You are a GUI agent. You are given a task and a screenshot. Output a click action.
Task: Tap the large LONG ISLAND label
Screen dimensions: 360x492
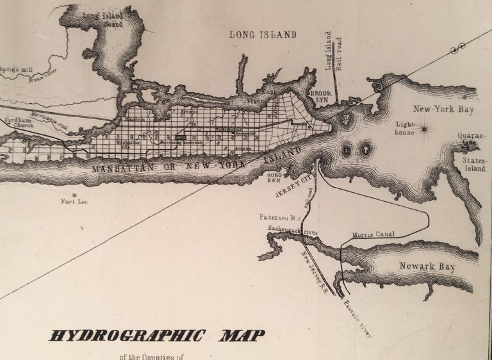(x=263, y=35)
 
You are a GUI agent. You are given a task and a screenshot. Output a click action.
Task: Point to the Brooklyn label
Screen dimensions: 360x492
(x=321, y=97)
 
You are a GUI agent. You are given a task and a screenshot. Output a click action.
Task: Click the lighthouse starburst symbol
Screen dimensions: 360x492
(x=427, y=132)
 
